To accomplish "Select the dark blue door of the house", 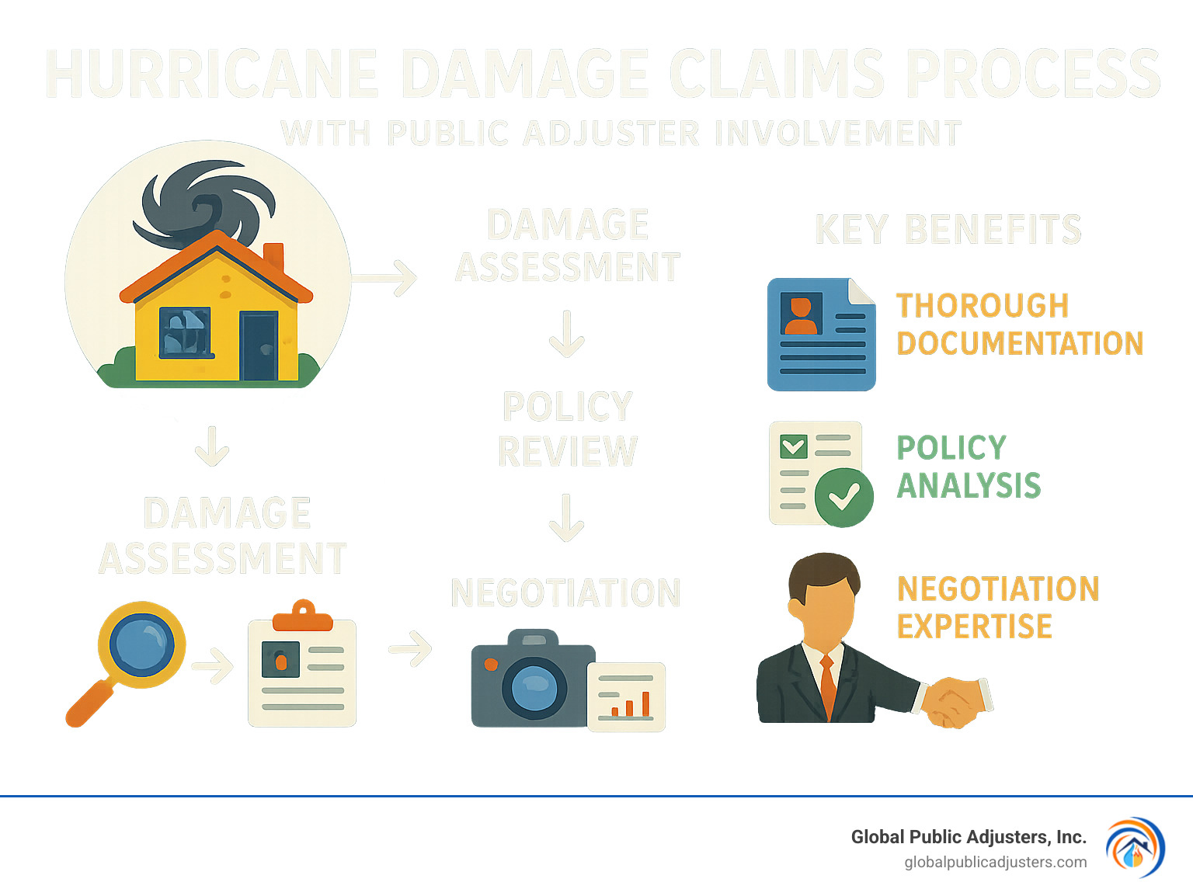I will coord(259,346).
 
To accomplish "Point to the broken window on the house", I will coord(185,332).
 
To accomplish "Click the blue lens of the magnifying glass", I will coord(142,644).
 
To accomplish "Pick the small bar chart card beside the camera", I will coord(626,696).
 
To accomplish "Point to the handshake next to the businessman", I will coord(954,701).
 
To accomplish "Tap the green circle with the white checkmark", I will coord(843,498).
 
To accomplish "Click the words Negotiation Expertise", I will coord(997,607).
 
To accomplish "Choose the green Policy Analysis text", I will coord(968,467).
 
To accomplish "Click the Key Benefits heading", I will coord(948,230).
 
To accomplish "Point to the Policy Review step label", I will coord(567,429).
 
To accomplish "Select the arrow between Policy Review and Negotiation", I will coord(567,518).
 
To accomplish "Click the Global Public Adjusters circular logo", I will coord(1135,847).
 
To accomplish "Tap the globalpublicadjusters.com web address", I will coord(995,862).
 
